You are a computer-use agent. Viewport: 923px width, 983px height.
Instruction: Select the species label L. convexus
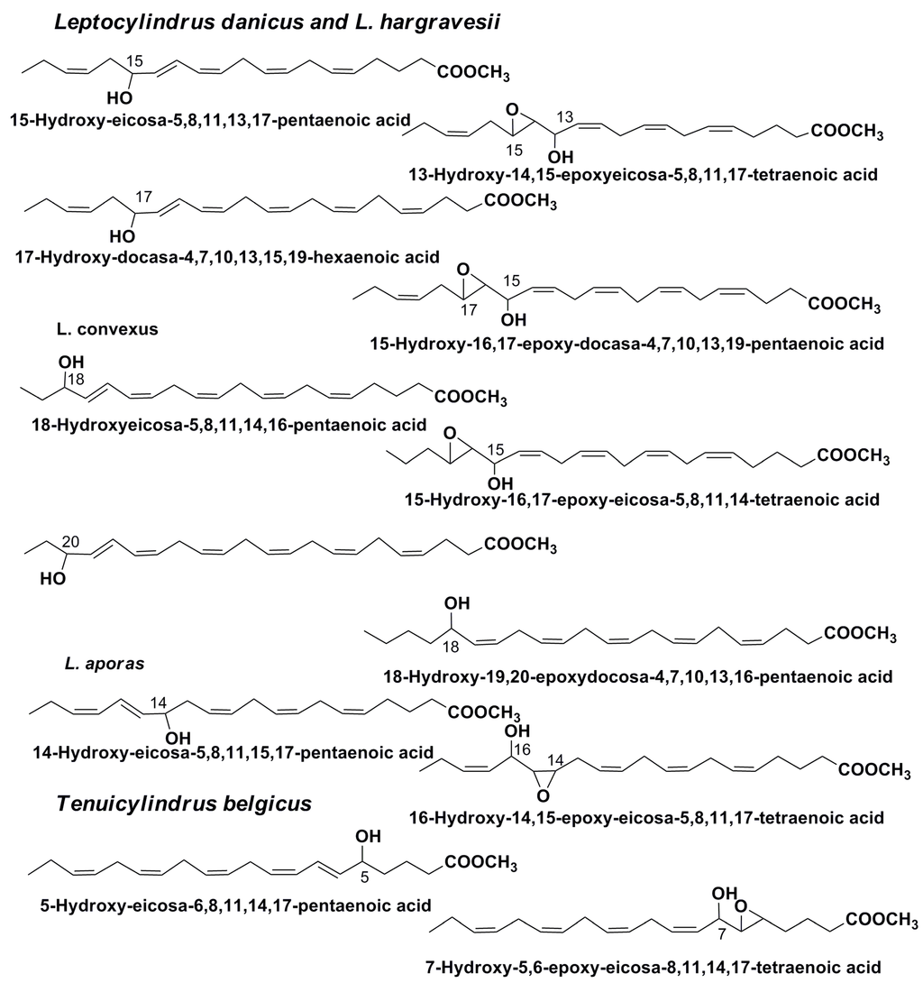point(107,329)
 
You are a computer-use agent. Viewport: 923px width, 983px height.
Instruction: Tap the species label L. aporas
point(92,664)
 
